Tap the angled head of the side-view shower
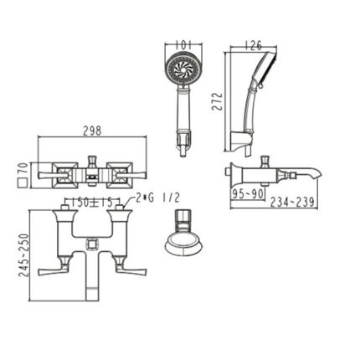tap(261, 71)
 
